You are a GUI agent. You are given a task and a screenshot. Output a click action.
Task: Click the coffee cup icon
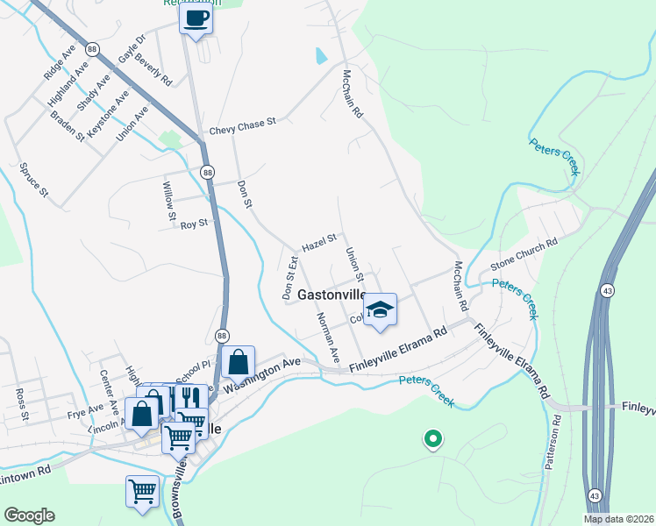[x=196, y=18]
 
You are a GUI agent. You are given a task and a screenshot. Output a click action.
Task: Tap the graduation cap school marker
[x=380, y=309]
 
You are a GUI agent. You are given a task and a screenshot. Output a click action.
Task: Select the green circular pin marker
[x=431, y=438]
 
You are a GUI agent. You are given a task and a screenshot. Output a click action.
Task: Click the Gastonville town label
[x=332, y=295]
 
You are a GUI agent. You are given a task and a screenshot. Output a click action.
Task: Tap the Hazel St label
[x=319, y=242]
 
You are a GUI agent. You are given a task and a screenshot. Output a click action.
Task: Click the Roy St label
[x=193, y=224]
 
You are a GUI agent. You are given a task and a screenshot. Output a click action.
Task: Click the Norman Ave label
[x=328, y=338]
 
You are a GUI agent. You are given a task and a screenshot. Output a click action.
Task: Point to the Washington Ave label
[x=262, y=373]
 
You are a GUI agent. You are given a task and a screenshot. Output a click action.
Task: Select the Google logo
[x=29, y=515]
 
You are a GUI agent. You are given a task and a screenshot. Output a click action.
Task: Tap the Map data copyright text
[x=619, y=519]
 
